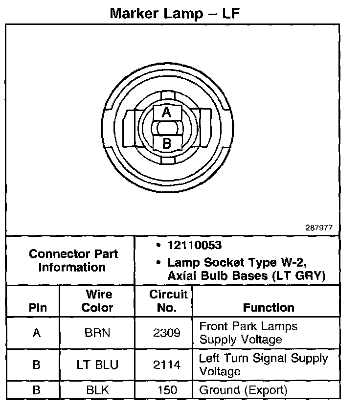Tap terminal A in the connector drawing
[166, 113]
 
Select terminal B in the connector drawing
[166, 143]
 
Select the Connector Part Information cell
[73, 260]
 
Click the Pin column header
[38, 308]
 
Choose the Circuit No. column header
[168, 301]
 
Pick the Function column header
[269, 308]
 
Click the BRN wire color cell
[97, 333]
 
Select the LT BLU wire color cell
[97, 365]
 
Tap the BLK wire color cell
[97, 390]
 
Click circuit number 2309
[166, 333]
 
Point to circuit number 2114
[166, 365]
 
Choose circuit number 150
[166, 390]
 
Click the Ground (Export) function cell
[243, 390]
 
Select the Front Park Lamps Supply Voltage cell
[248, 333]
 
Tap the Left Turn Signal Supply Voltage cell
[263, 364]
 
